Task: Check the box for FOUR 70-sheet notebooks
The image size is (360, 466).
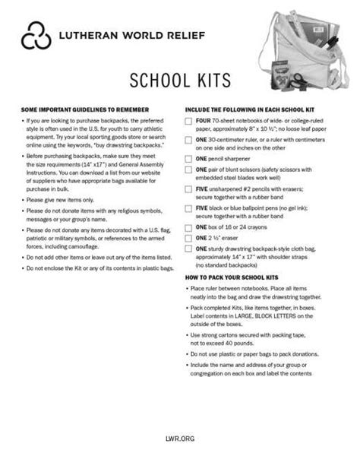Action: click(188, 122)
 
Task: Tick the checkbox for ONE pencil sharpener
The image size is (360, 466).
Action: click(188, 160)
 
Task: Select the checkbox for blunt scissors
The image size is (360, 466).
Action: click(188, 171)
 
